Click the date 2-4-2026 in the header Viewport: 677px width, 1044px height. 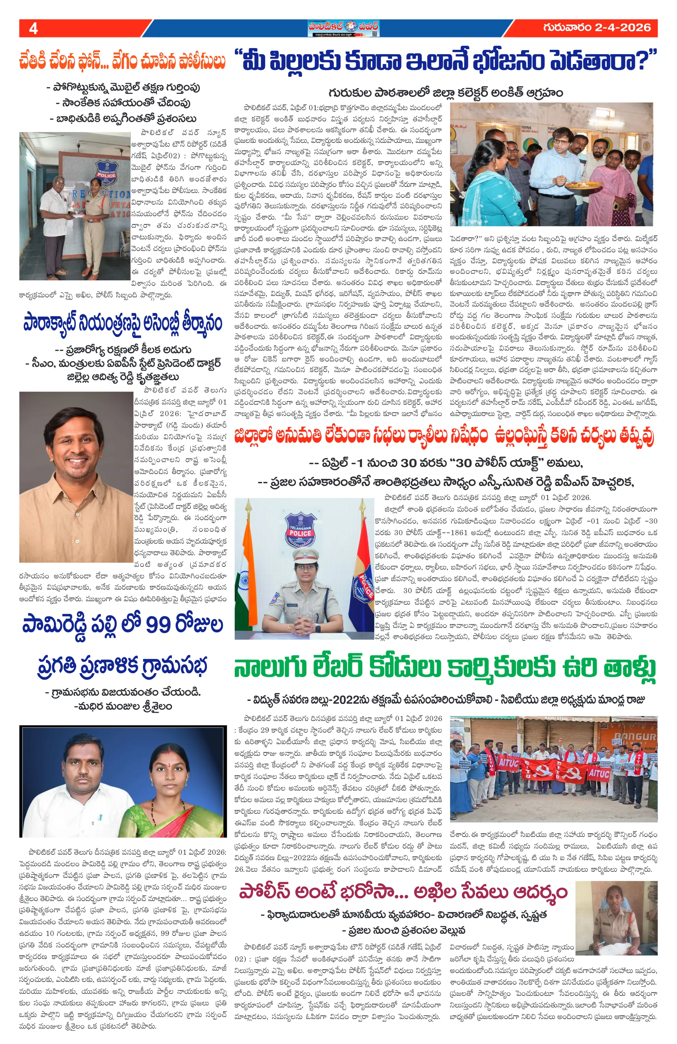(623, 28)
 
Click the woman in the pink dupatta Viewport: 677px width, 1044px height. (615, 180)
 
